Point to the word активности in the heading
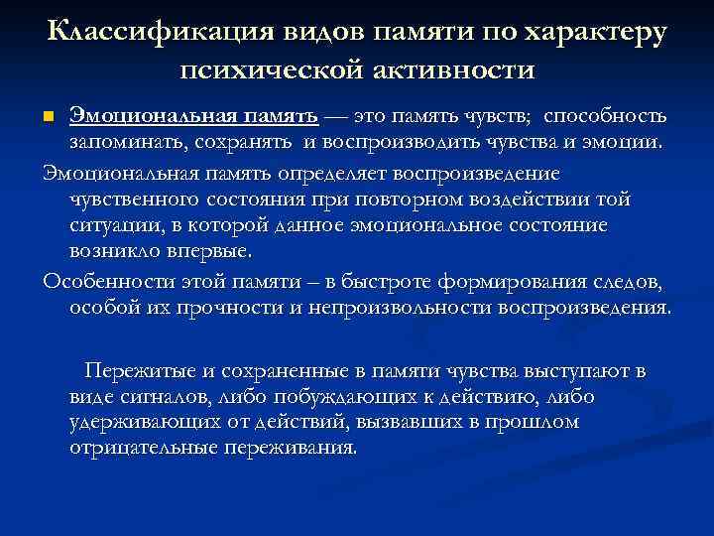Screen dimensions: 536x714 pos(446,69)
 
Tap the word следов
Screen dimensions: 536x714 pos(615,281)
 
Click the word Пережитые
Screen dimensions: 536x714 pos(136,371)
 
